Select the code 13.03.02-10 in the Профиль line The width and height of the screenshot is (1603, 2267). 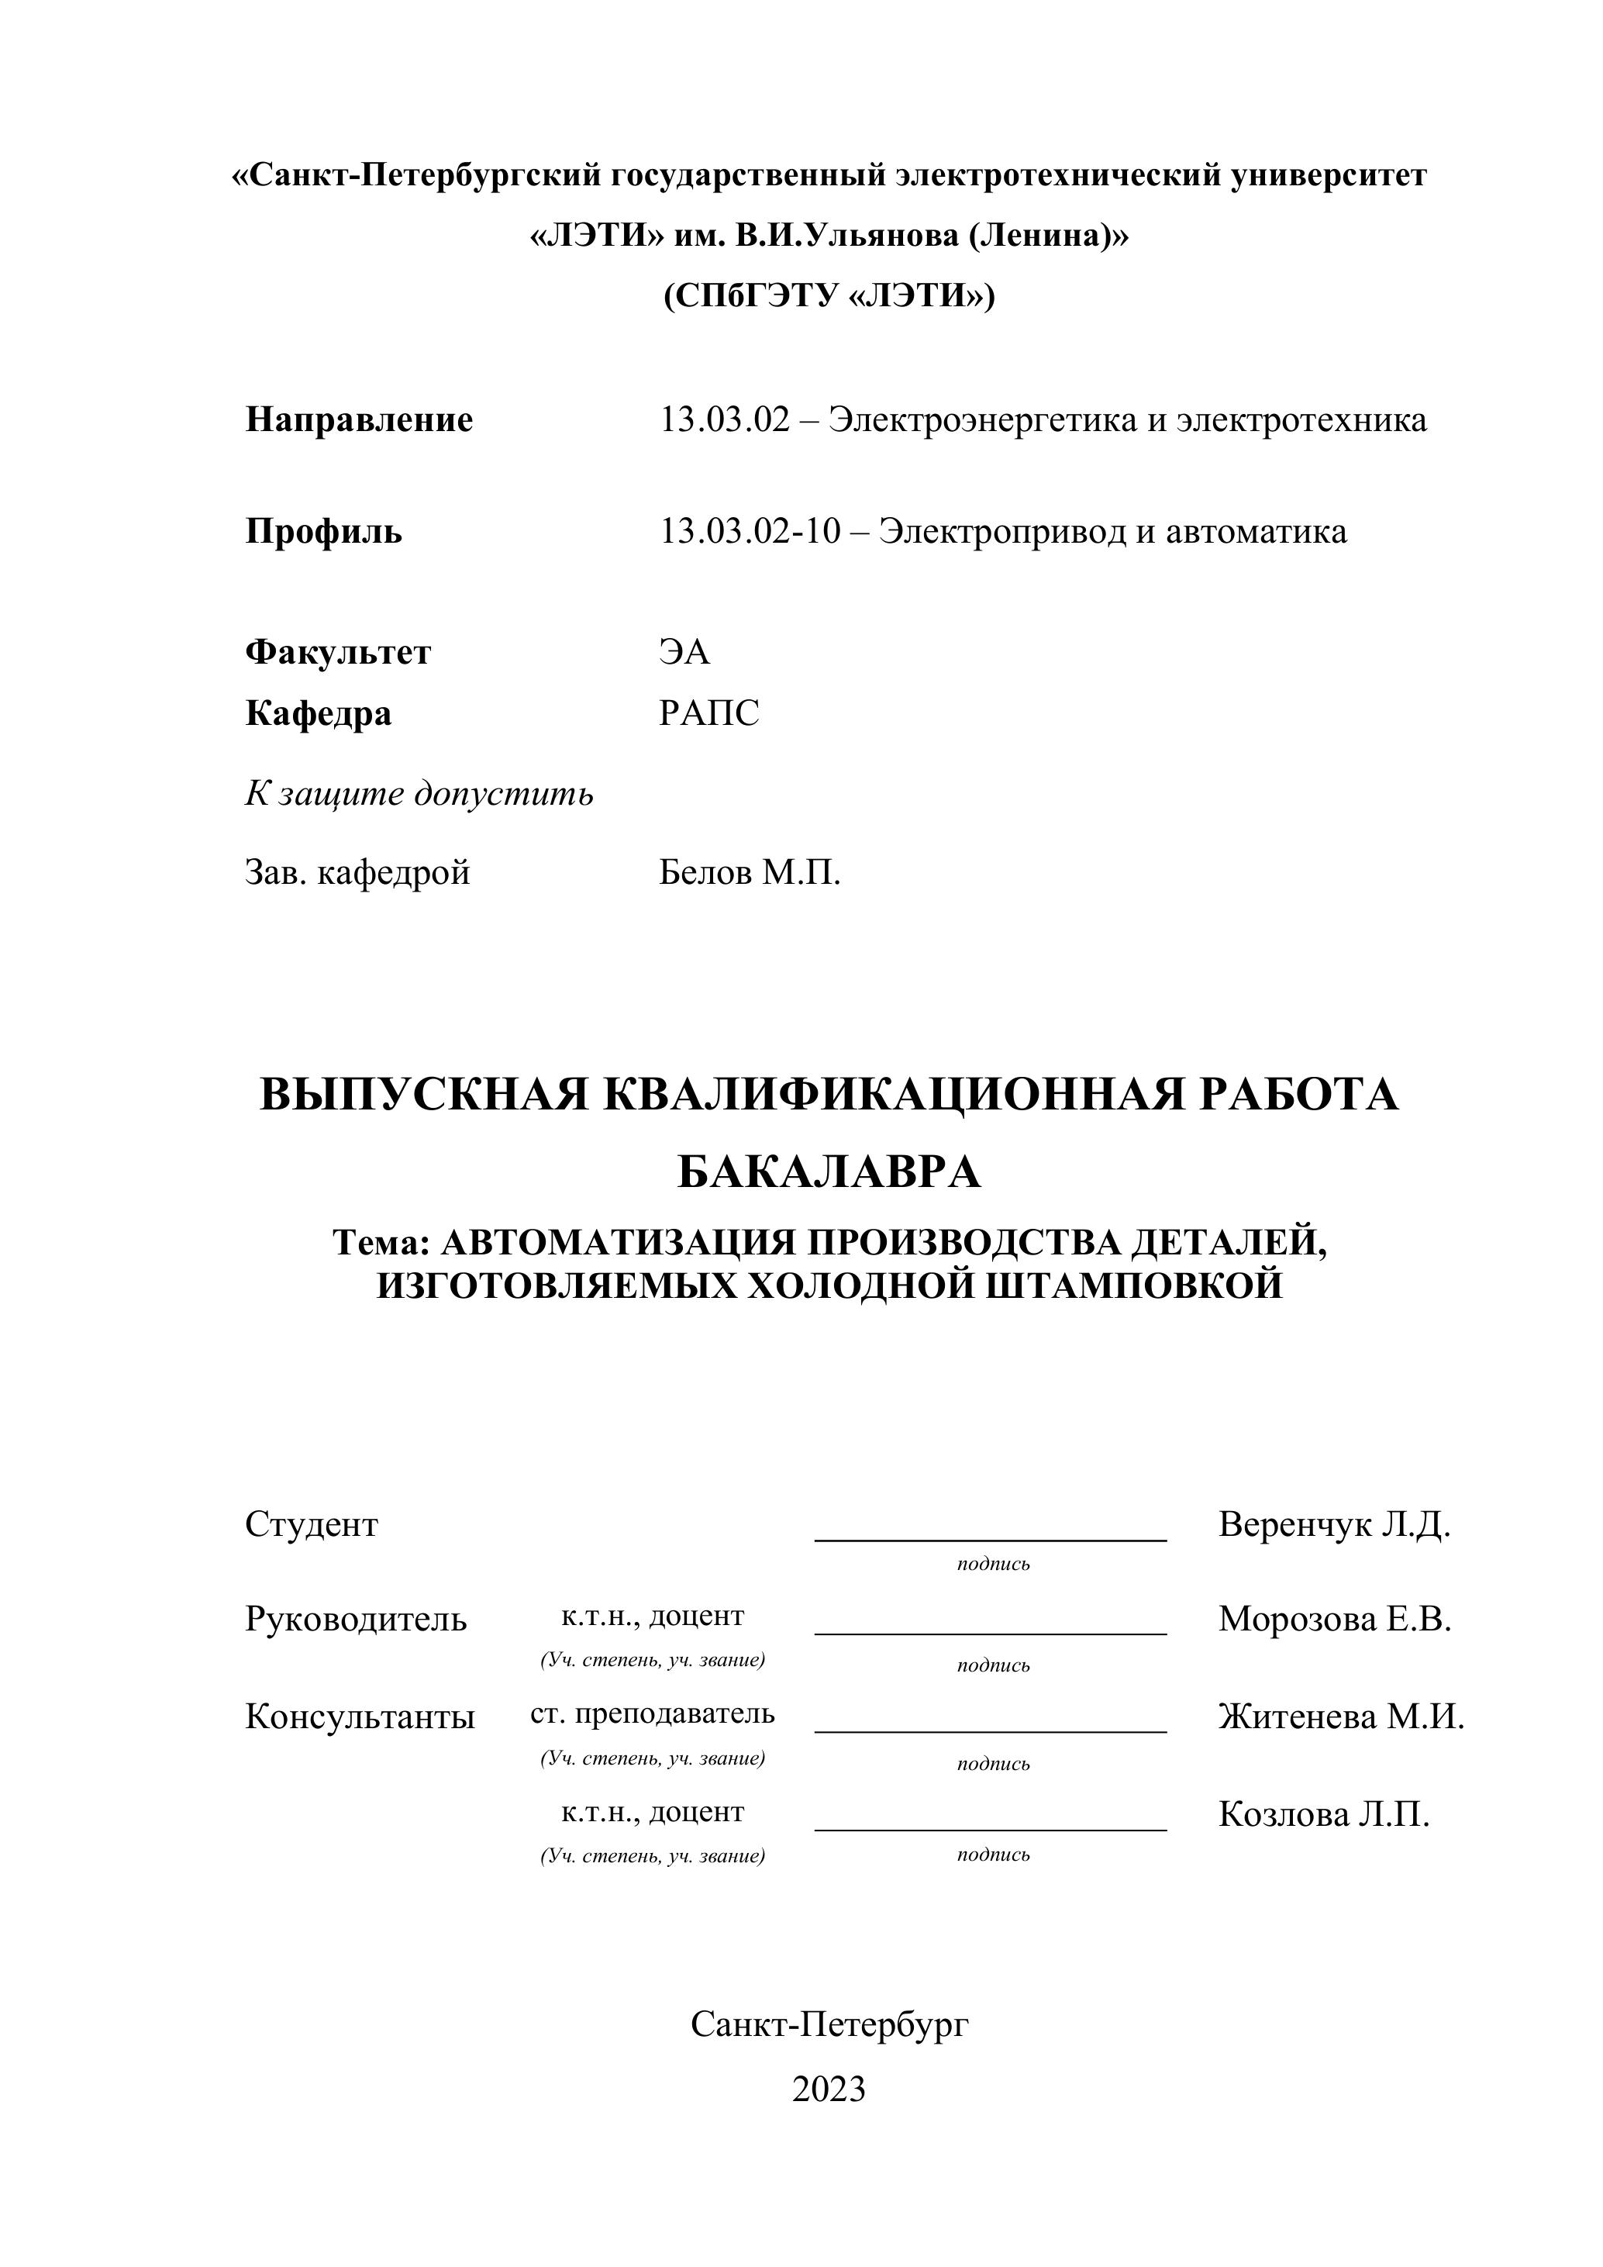point(750,532)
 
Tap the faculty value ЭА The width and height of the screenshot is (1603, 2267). point(684,653)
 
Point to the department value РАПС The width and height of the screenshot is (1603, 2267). point(708,713)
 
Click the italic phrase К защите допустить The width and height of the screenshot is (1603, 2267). point(419,794)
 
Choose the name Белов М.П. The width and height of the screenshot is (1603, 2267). point(750,873)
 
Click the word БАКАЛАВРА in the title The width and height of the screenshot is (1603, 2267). point(829,1173)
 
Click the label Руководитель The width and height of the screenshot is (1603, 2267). point(355,1620)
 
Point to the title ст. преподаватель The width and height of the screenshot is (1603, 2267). point(653,1713)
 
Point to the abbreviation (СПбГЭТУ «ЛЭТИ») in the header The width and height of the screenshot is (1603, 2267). point(829,296)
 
